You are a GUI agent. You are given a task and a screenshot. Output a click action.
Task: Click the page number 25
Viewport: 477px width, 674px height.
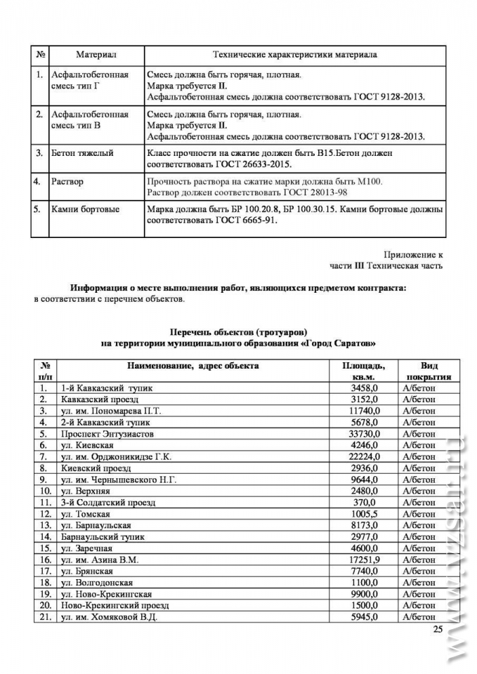438,629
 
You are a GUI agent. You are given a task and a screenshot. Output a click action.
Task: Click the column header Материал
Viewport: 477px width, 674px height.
96,55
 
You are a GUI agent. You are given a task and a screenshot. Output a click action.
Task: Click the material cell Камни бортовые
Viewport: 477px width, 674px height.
86,209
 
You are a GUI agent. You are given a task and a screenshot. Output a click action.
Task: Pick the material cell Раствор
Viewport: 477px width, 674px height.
67,182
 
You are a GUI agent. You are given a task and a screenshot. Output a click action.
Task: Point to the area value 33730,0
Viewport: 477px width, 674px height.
362,434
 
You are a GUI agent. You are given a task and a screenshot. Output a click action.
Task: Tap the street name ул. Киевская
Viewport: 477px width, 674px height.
87,445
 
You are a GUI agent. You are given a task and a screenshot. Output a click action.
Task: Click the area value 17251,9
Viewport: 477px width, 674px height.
362,560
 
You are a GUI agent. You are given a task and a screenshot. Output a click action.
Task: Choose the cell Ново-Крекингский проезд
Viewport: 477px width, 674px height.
113,605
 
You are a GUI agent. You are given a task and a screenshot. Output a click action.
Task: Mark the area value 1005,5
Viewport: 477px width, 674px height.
365,514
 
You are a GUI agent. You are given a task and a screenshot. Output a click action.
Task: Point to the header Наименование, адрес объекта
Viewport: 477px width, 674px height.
192,366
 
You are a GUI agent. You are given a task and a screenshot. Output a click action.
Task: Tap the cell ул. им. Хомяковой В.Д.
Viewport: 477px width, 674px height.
108,616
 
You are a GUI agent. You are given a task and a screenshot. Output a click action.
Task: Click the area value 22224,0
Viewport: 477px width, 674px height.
362,456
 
